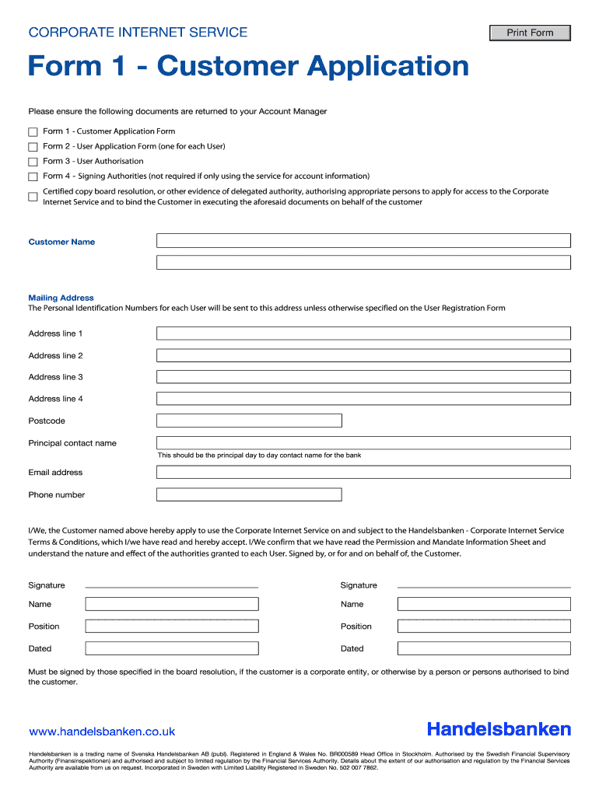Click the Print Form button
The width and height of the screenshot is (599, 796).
[530, 33]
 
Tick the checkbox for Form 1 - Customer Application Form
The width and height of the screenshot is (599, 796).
[33, 132]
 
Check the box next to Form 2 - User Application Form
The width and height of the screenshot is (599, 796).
[33, 147]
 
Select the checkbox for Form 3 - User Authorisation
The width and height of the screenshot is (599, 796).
[33, 162]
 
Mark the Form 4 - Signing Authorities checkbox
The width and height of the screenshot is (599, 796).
[33, 176]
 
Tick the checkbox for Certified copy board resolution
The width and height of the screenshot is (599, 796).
[33, 197]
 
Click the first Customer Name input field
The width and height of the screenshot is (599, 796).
[363, 241]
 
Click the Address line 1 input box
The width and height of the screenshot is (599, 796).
[363, 333]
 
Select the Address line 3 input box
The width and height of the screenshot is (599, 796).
[363, 377]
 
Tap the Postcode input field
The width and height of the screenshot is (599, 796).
[249, 421]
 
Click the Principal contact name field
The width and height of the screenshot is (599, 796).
[363, 443]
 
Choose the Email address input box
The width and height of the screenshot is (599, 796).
[363, 472]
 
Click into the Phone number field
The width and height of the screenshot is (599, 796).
[249, 494]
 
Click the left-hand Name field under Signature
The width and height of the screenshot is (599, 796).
[171, 604]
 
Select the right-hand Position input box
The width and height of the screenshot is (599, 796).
[483, 627]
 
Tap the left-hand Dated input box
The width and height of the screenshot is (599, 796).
[171, 648]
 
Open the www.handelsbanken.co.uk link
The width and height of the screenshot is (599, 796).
[102, 731]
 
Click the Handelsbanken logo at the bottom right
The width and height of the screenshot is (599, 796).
[499, 729]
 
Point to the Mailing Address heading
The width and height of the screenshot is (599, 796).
[61, 298]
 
